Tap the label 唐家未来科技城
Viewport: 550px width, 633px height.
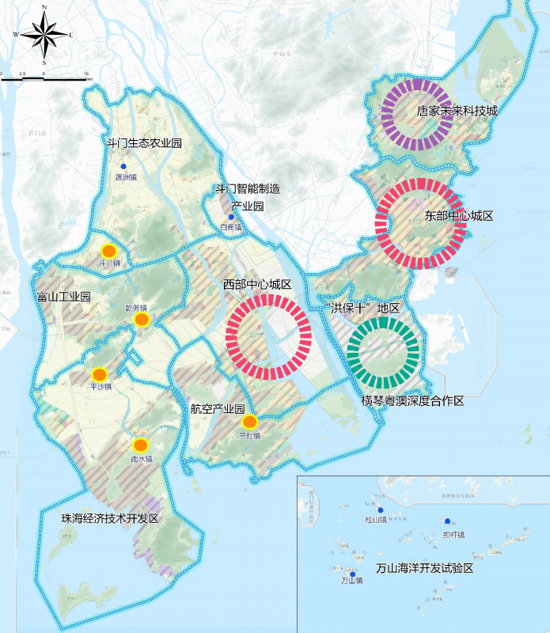tap(457, 111)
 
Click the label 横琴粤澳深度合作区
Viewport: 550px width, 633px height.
tap(412, 401)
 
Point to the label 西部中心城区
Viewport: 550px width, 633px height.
tap(257, 284)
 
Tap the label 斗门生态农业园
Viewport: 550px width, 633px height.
tap(145, 143)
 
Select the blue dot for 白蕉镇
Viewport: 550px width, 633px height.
tap(231, 217)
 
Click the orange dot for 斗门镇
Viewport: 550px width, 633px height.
tap(110, 250)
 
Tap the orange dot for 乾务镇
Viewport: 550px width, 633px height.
tap(142, 320)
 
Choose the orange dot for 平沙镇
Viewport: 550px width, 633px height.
tap(100, 374)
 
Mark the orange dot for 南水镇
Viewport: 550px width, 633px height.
tap(140, 445)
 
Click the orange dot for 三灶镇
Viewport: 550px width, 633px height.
tap(250, 422)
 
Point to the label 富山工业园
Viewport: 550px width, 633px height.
tap(64, 298)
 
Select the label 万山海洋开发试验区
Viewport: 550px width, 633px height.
tap(424, 568)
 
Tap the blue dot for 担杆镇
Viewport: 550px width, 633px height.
tap(447, 521)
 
